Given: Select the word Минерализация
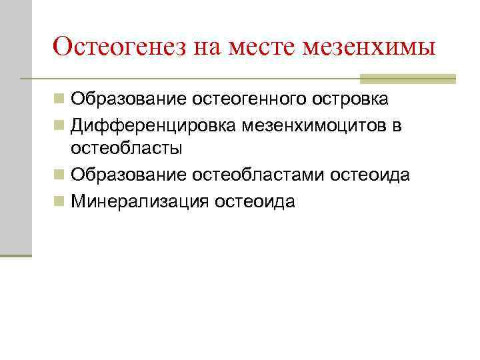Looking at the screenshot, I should coord(140,201).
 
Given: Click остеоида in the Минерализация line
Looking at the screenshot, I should coord(255,201).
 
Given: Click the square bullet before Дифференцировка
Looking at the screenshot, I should coord(60,125).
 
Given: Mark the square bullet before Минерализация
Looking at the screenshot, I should coord(60,201).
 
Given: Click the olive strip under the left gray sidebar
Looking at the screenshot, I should coord(16,255).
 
